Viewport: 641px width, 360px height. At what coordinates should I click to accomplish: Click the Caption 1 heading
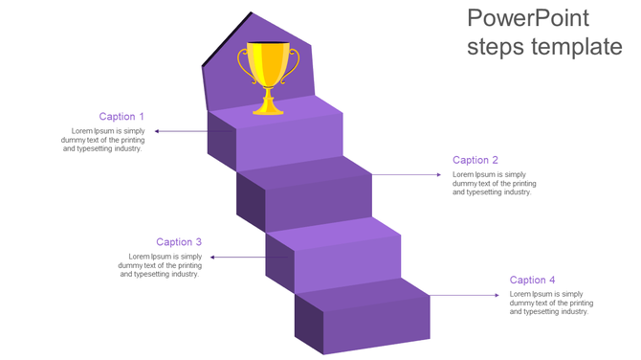click(122, 117)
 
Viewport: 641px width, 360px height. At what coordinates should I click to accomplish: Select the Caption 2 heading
click(475, 160)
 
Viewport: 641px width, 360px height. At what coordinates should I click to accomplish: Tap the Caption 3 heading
click(179, 242)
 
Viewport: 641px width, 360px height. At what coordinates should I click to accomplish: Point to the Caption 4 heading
click(533, 280)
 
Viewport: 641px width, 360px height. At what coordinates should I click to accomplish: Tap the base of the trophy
click(269, 108)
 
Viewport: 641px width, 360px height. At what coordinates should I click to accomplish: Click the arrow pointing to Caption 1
click(182, 131)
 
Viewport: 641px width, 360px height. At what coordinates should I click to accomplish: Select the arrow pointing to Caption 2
click(407, 174)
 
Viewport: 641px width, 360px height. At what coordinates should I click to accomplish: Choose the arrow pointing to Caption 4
click(464, 295)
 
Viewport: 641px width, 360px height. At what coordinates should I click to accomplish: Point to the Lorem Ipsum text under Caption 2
click(494, 183)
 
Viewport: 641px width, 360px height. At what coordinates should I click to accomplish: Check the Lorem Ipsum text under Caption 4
click(550, 303)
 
